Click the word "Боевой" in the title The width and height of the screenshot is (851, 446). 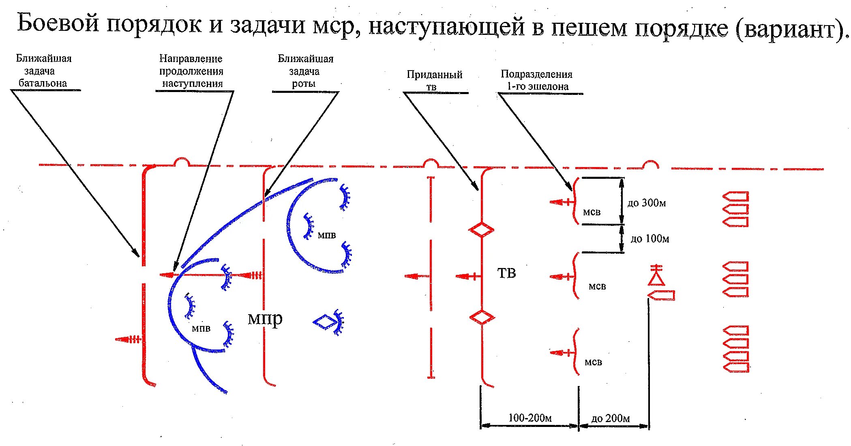pyautogui.click(x=58, y=23)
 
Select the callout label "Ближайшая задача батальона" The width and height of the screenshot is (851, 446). pyautogui.click(x=43, y=71)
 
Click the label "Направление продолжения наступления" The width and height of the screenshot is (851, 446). pyautogui.click(x=191, y=71)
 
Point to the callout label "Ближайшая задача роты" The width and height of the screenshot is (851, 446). pyautogui.click(x=305, y=71)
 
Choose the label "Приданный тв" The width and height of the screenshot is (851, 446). pyautogui.click(x=434, y=80)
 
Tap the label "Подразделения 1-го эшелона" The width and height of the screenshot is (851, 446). pyautogui.click(x=536, y=80)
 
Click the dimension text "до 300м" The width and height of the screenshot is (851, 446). pyautogui.click(x=647, y=203)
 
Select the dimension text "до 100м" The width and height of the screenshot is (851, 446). pyautogui.click(x=650, y=238)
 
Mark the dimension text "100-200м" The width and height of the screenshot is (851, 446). pyautogui.click(x=530, y=418)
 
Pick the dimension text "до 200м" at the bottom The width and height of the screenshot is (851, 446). pyautogui.click(x=611, y=418)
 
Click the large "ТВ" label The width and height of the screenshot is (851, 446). pyautogui.click(x=506, y=273)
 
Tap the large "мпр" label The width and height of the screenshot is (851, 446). pyautogui.click(x=265, y=319)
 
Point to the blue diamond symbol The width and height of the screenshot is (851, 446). pyautogui.click(x=325, y=322)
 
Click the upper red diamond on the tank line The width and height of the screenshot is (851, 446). pyautogui.click(x=481, y=230)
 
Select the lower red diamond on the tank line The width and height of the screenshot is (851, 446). pyautogui.click(x=482, y=317)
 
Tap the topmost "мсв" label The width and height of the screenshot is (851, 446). pyautogui.click(x=592, y=212)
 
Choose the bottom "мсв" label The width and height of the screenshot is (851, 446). pyautogui.click(x=593, y=362)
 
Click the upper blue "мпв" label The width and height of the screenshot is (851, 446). pyautogui.click(x=326, y=235)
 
